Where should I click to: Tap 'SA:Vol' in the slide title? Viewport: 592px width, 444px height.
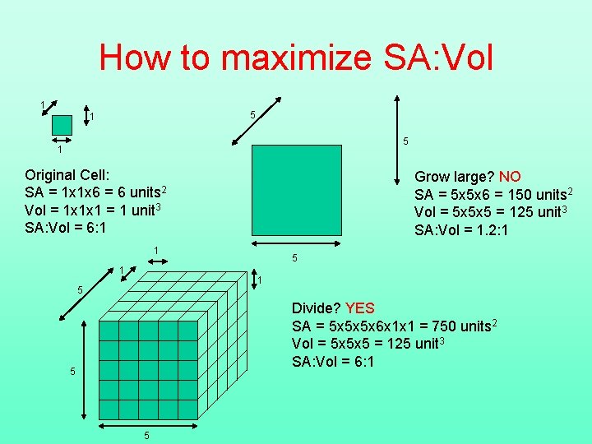click(440, 58)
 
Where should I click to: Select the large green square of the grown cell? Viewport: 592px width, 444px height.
click(296, 190)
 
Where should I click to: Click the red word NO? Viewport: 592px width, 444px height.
click(510, 177)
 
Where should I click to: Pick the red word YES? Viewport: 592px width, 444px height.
click(360, 308)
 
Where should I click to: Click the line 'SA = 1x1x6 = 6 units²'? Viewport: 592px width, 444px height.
click(96, 192)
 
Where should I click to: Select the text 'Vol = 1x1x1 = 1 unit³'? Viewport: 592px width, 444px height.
click(93, 210)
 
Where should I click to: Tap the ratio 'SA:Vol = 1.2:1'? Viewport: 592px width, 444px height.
click(461, 230)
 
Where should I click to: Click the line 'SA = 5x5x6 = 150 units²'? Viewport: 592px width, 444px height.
click(493, 195)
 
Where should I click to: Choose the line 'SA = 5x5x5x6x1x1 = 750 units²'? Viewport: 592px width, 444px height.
click(394, 326)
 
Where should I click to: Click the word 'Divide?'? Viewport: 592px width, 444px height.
click(317, 308)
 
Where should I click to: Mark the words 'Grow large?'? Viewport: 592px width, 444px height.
click(454, 177)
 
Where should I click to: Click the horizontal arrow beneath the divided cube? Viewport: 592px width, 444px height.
click(148, 425)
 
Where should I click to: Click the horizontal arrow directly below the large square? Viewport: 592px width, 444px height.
click(295, 244)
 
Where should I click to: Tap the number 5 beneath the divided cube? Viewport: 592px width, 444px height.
click(147, 436)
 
